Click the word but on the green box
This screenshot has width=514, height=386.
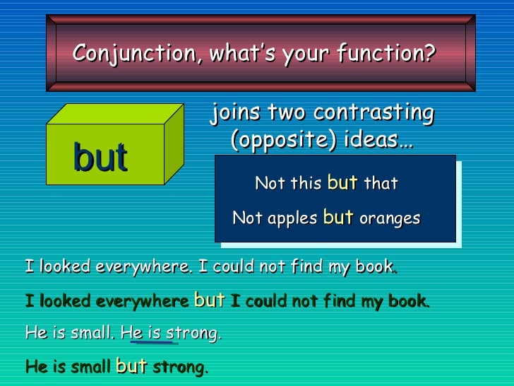tap(100, 158)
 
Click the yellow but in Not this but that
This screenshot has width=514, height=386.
tap(342, 182)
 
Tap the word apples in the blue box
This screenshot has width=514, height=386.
tap(292, 218)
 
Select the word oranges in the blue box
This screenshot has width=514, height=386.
tap(389, 218)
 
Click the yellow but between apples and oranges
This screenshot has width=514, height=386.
tap(337, 218)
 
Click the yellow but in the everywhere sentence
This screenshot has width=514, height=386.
tap(209, 300)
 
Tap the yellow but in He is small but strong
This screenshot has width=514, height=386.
tap(131, 366)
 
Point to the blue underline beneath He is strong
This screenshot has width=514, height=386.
tap(153, 343)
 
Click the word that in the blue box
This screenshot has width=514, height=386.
tap(381, 184)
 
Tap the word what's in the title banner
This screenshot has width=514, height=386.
tap(232, 53)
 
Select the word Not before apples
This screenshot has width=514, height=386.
tap(247, 218)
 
